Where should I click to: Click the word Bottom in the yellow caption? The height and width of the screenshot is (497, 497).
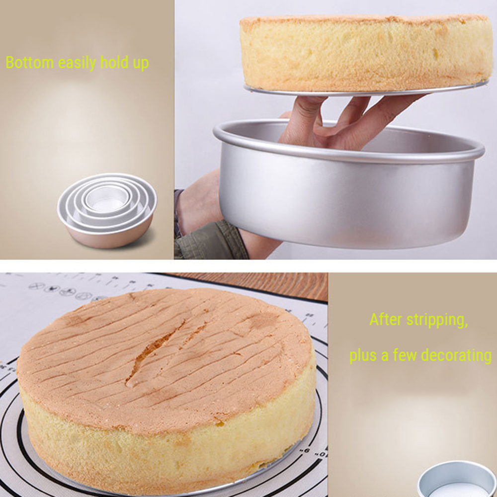(30, 64)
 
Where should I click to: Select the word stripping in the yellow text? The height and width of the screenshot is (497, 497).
(437, 321)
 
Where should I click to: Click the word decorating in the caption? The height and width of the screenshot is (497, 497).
(456, 356)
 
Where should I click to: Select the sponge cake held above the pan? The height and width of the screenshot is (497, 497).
(365, 52)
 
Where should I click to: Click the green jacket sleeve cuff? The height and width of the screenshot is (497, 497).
(209, 244)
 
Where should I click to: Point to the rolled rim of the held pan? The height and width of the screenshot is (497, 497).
(348, 149)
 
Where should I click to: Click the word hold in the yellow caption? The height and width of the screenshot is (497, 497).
(114, 64)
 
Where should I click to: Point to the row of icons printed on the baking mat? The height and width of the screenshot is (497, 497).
(65, 291)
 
